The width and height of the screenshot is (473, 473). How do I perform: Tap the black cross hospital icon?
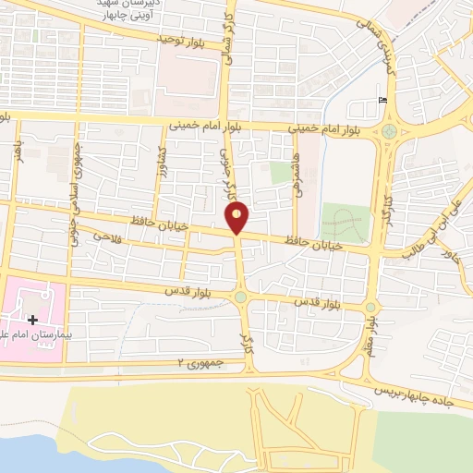coord(33,320)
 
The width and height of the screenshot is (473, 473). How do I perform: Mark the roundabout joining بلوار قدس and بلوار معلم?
coord(370,308)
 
